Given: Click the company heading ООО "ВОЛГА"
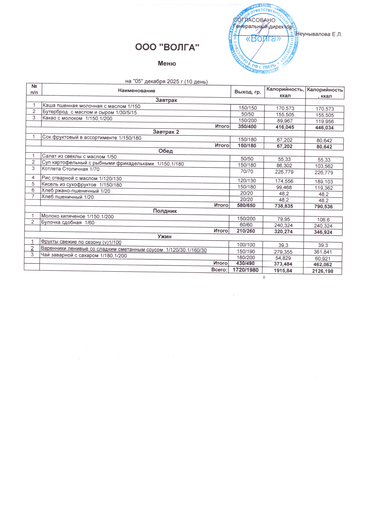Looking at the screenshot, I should tap(167, 47).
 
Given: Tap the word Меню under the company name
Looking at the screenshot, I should tap(167, 63).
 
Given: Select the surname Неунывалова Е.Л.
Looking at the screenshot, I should tap(319, 34).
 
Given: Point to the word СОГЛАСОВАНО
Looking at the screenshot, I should tap(254, 20).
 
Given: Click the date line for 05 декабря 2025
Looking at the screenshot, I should tap(166, 81).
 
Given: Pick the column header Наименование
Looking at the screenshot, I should tap(137, 91).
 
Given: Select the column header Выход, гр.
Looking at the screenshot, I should tap(248, 92).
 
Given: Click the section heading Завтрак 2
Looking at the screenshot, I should tap(166, 132).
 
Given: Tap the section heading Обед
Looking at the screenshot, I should tap(165, 151).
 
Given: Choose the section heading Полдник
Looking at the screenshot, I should tap(165, 211).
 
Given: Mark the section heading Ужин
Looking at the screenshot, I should tap(164, 236).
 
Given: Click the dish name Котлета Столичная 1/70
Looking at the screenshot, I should tap(71, 169).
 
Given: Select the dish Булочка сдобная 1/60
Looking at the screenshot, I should tap(68, 222).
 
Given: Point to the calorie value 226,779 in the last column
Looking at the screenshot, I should tap(324, 173).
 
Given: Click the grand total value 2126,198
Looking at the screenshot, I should tap(323, 271).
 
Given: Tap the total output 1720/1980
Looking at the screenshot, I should tap(246, 270).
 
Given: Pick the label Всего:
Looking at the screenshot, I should tap(219, 270).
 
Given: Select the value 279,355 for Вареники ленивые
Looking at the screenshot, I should tap(283, 252).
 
